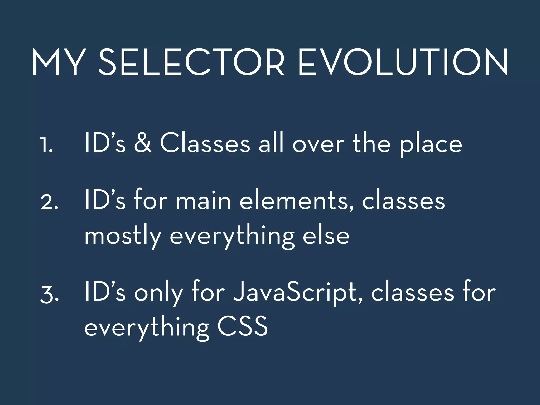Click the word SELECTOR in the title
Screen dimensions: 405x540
coord(191,62)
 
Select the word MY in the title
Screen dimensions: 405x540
coord(56,62)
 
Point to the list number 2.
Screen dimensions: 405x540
coord(49,202)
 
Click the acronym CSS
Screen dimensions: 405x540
coord(242,326)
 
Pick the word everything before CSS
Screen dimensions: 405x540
coord(147,328)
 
